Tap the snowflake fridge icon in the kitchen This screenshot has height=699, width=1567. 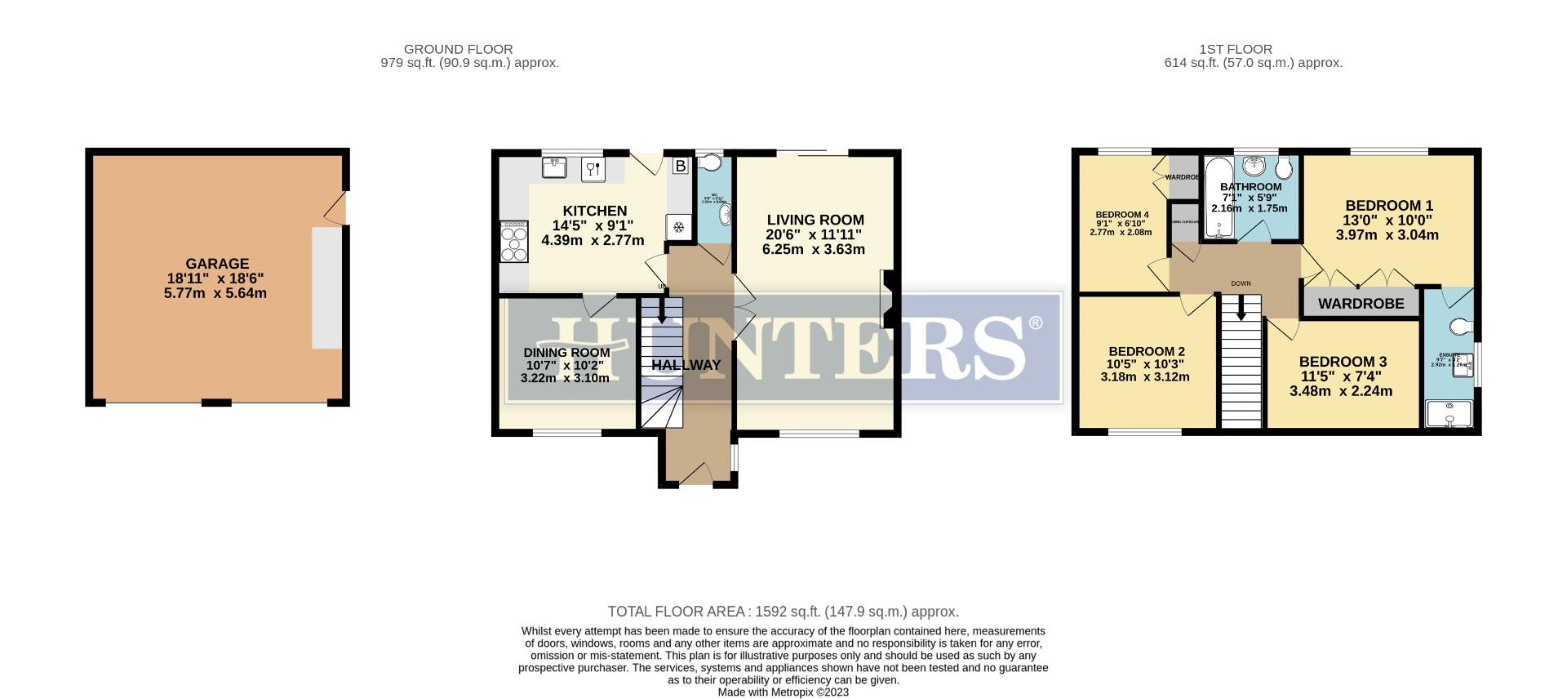point(677,228)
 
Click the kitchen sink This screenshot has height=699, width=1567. point(555,168)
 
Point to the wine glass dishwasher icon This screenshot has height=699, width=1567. point(593,170)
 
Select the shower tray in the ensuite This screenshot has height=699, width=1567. point(1449,414)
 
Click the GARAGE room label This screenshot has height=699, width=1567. point(217,264)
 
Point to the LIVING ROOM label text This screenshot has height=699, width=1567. point(815,220)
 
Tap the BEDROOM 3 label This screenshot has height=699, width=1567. point(1343,362)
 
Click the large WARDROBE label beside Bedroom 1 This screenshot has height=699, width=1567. point(1361,304)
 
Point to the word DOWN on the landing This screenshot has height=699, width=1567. point(1241,283)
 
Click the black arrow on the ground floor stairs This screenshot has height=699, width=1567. point(660,309)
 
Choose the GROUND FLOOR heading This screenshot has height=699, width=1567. point(458,49)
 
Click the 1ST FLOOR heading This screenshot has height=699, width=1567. point(1236,49)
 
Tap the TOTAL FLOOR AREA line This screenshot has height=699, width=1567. point(783,612)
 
